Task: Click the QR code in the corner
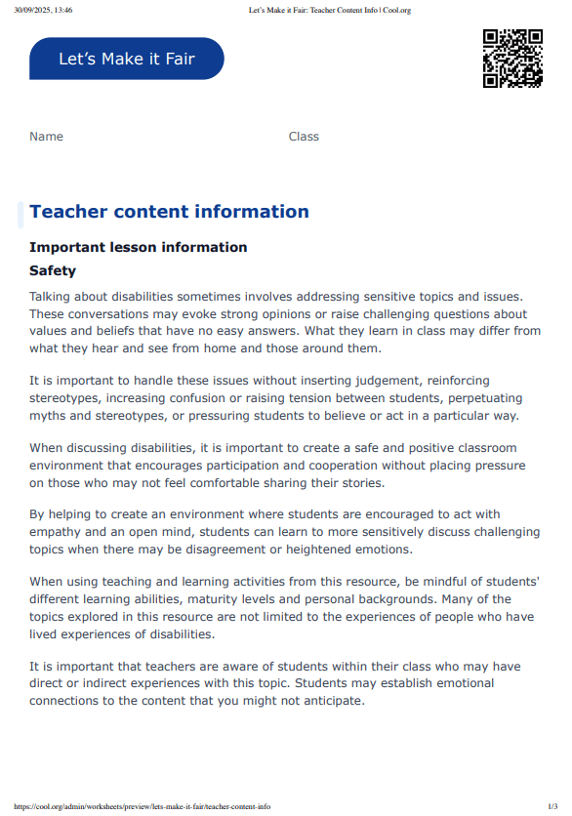[512, 59]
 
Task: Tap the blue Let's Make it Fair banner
[127, 59]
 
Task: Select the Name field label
[46, 137]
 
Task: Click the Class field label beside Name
[304, 137]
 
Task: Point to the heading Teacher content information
[169, 212]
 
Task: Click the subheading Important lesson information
[138, 247]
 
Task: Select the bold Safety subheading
[53, 270]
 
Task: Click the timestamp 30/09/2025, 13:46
[43, 10]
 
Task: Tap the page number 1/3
[552, 806]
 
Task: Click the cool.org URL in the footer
[143, 806]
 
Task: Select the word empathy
[61, 532]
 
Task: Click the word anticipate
[329, 701]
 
